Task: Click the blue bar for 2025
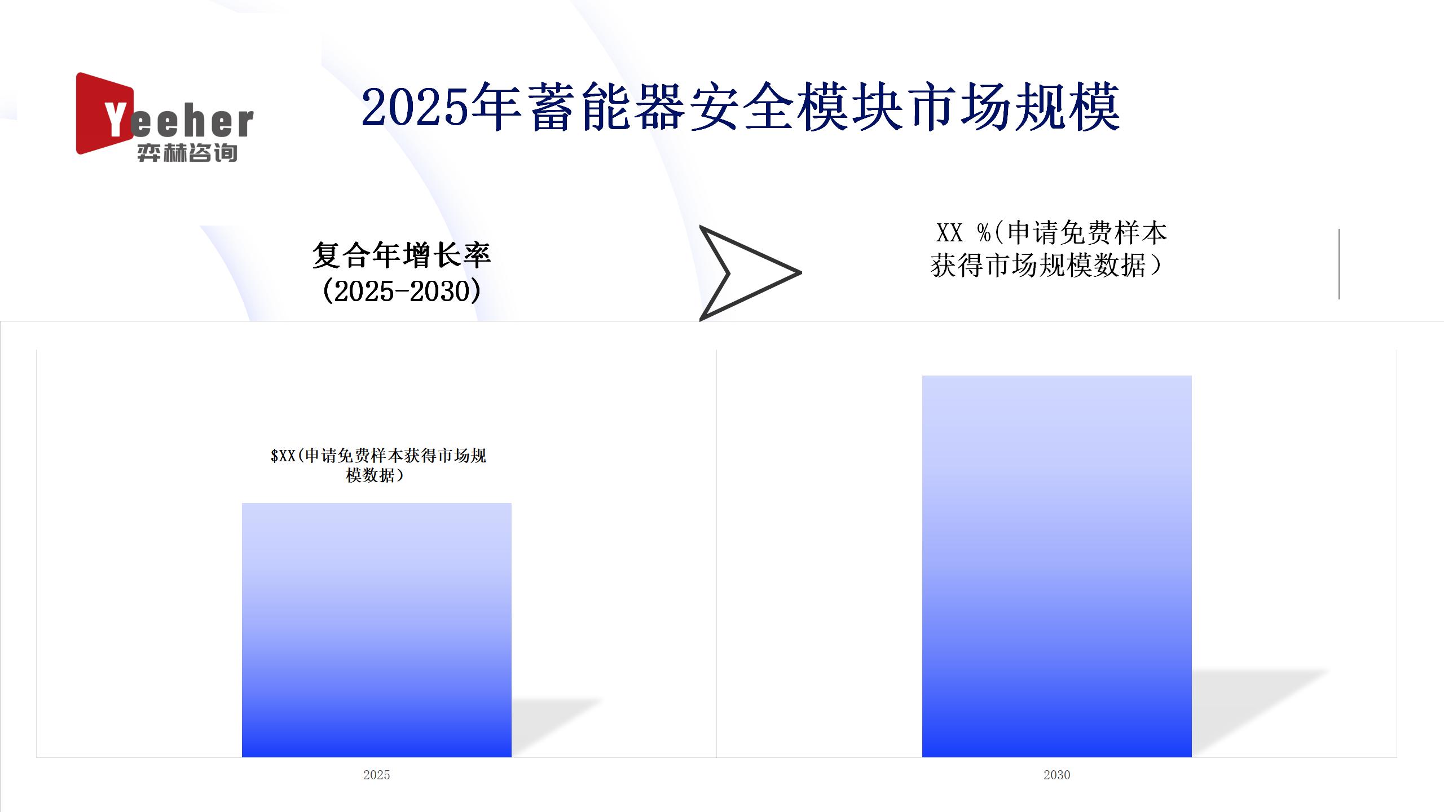[x=377, y=630]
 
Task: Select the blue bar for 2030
[x=1056, y=566]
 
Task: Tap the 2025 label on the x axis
[x=377, y=775]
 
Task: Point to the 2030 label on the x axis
[x=1056, y=775]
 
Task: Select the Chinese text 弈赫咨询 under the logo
[x=187, y=153]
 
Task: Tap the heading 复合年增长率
[x=402, y=255]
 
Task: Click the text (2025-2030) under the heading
[x=402, y=292]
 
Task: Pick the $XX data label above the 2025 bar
[x=378, y=465]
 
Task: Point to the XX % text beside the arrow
[x=963, y=232]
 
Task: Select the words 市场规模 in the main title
[x=1014, y=107]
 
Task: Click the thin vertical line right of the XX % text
[x=1339, y=264]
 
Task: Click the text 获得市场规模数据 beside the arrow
[x=1038, y=265]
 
